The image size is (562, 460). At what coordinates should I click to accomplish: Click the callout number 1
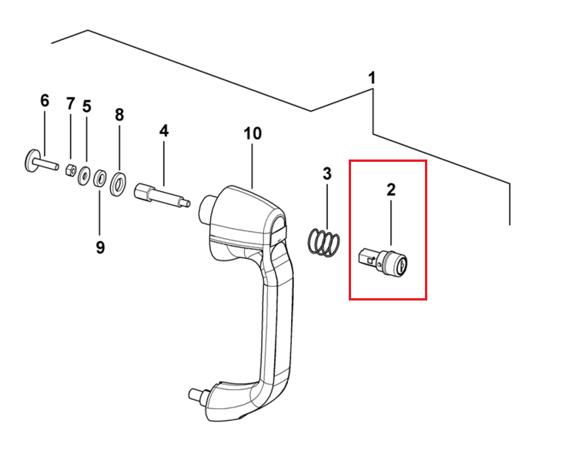pos(373,78)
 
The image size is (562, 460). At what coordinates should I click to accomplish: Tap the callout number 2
pos(390,189)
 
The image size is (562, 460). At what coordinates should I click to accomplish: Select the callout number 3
pos(327,173)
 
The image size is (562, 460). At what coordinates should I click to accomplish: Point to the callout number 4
pos(164,131)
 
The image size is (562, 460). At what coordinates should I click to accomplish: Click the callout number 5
pos(87,106)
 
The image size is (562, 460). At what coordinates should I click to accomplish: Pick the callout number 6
pos(45,101)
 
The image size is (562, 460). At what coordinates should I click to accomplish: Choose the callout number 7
pos(70,104)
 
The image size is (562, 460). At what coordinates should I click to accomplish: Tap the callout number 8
pos(119,115)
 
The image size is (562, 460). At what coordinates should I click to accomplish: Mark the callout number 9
pos(100,247)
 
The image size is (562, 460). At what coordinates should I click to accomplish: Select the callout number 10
pos(253,133)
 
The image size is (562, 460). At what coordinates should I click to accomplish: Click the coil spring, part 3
pos(323,243)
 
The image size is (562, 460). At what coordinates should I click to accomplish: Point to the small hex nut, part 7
pos(71,170)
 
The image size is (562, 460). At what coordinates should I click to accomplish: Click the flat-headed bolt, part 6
pos(42,162)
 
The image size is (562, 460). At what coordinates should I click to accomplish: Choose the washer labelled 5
pos(85,176)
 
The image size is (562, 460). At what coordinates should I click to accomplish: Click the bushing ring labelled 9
pos(99,179)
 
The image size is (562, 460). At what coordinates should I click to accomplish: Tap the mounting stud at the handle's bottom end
pos(199,396)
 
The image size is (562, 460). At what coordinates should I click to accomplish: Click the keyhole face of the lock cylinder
pos(401,266)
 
